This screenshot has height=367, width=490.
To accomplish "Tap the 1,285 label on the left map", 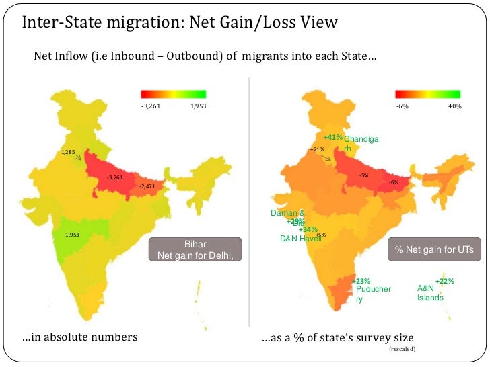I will (x=69, y=153).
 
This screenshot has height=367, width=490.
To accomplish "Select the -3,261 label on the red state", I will (x=115, y=177).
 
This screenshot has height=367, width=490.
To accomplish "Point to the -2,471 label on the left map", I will (x=147, y=186).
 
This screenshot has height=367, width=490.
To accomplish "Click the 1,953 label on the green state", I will (x=73, y=235).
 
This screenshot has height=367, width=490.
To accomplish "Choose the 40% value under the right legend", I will (x=454, y=106).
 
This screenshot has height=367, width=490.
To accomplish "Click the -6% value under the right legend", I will (x=403, y=106).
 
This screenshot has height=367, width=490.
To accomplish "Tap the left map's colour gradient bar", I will (x=173, y=94).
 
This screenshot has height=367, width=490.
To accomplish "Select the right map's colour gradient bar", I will (x=427, y=94).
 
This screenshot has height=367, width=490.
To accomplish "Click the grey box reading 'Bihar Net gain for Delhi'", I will (x=195, y=249).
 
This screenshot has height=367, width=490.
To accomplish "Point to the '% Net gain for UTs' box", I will (x=434, y=249).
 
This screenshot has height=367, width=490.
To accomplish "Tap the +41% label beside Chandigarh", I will (x=332, y=138).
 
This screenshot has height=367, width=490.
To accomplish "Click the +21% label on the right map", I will (x=317, y=149).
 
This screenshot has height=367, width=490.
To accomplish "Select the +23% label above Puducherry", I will (x=361, y=281).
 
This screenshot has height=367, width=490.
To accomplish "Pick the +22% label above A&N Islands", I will (x=445, y=281).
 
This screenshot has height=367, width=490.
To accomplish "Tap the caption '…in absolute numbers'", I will (x=79, y=337).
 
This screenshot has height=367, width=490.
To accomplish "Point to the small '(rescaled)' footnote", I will (x=403, y=350).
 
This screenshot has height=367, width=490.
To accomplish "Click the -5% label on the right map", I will (x=363, y=175).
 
